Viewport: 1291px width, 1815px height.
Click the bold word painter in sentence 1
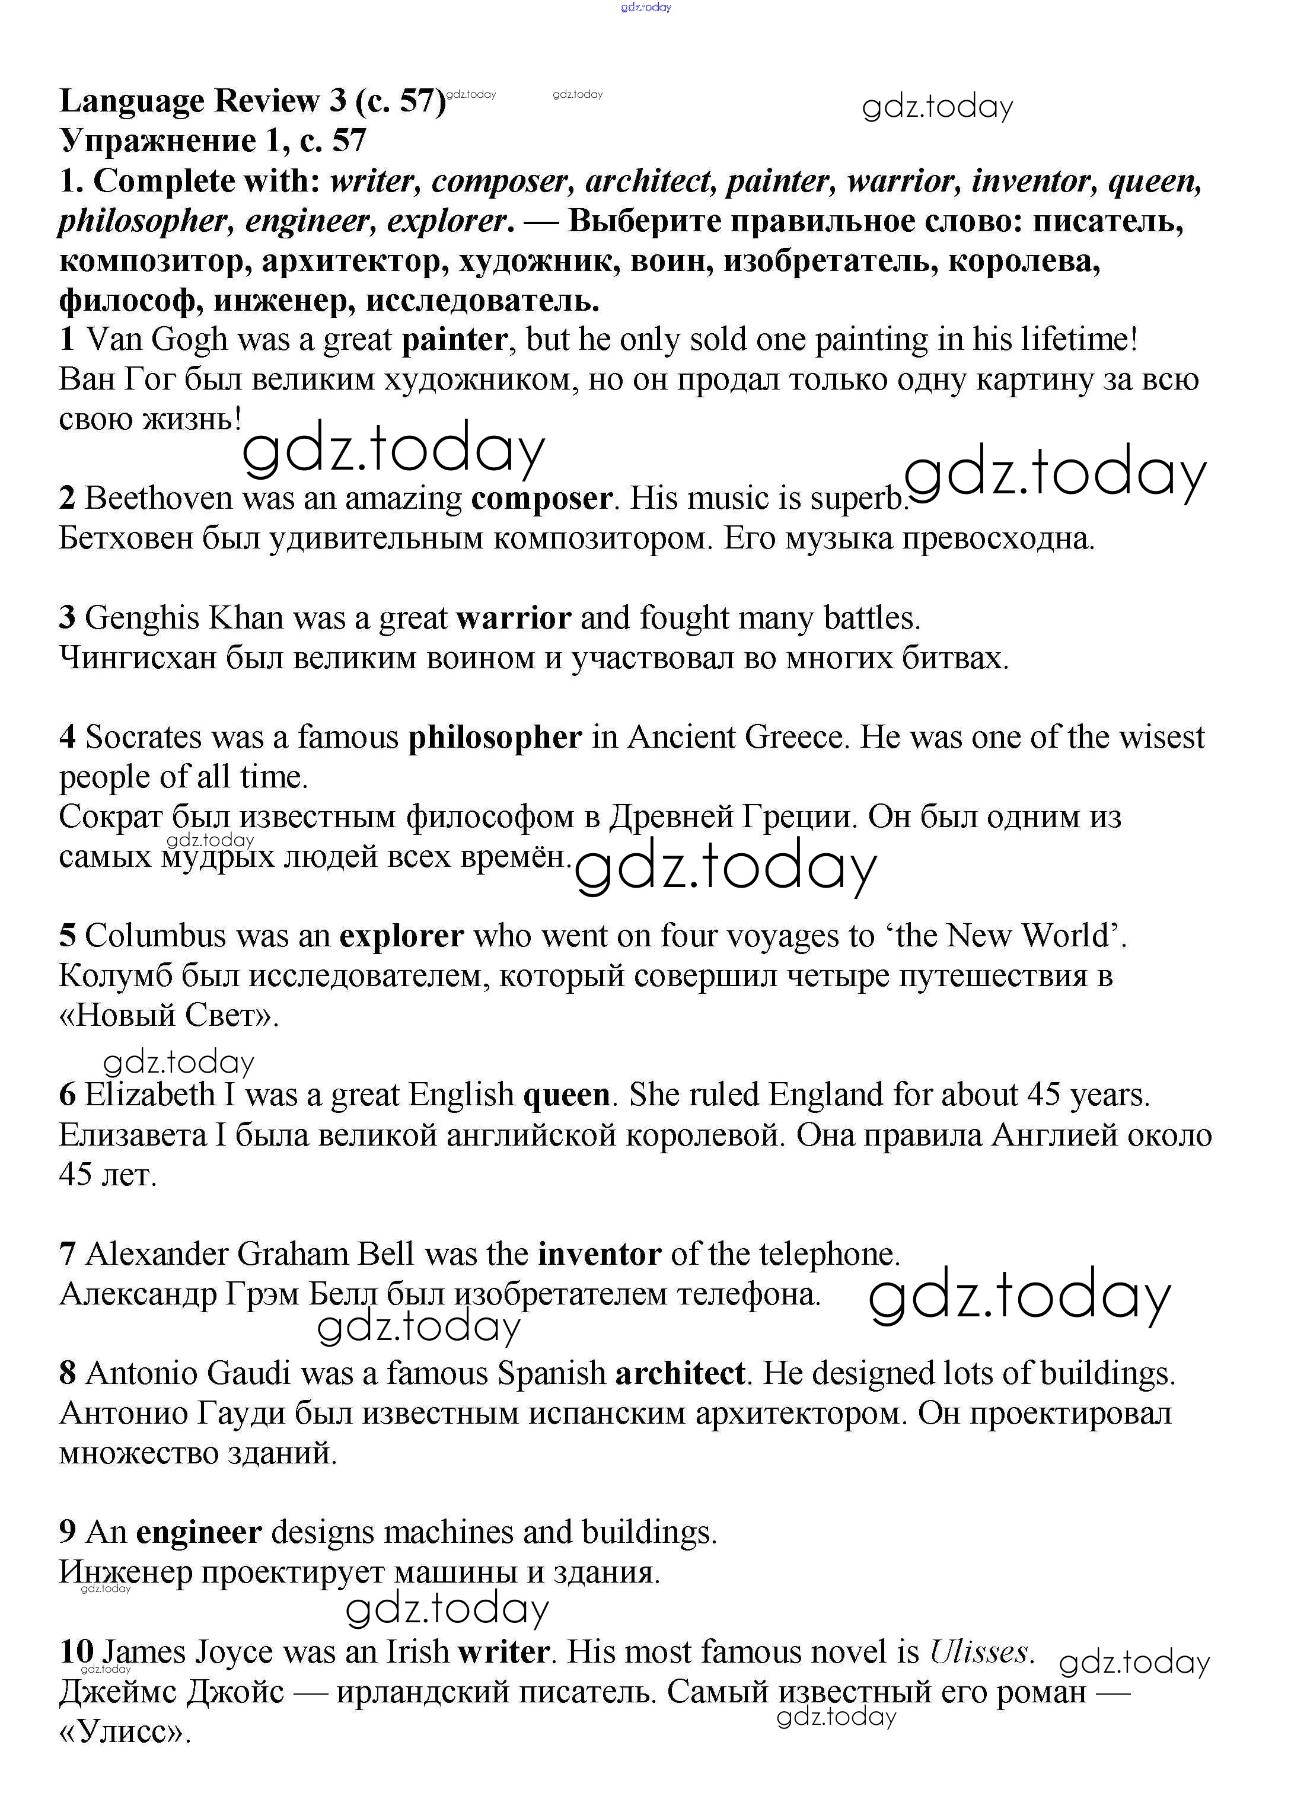454,340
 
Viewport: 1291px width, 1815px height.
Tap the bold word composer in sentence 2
541,499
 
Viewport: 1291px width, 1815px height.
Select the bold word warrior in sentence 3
514,618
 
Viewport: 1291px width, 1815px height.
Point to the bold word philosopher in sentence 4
495,738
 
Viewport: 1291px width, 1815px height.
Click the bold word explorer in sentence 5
401,936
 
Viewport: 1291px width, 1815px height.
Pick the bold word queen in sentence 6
566,1095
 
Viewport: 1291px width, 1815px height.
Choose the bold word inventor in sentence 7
600,1254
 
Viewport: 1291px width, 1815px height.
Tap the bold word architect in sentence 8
680,1373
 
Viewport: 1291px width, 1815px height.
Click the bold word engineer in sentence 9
199,1532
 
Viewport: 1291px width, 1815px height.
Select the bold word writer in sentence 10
503,1651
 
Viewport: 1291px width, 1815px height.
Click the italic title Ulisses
981,1651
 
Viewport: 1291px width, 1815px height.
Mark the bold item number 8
68,1373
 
